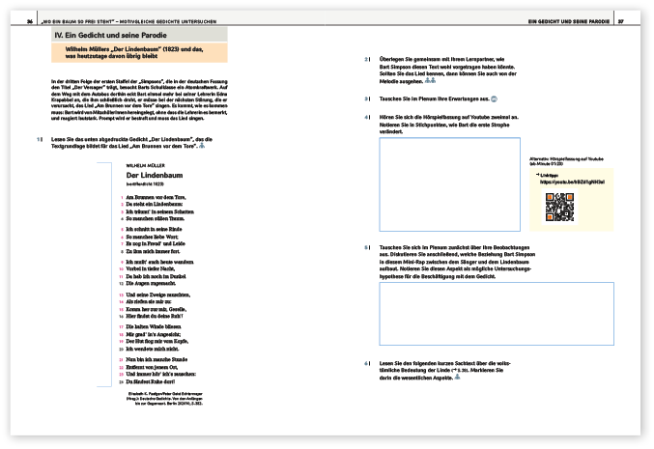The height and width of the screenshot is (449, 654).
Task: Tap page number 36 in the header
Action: pos(30,20)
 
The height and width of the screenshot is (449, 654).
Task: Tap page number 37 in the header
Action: pos(623,20)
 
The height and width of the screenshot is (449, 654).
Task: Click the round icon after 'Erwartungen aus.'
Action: pos(494,98)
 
